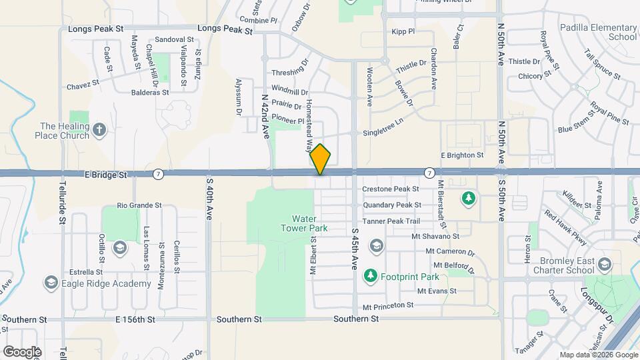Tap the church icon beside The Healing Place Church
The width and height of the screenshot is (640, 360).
coord(99,129)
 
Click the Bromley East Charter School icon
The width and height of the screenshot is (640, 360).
coord(605,265)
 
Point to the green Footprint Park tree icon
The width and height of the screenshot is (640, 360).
coord(370,275)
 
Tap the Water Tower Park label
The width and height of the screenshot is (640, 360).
coord(309,223)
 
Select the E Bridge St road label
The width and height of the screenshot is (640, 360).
coord(107,175)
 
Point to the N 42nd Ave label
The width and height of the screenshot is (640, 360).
coord(265,115)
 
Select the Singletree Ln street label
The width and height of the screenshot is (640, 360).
coord(383,132)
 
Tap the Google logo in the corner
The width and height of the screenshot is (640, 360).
coord(22,351)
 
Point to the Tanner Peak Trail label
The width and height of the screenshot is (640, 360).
coord(391,221)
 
